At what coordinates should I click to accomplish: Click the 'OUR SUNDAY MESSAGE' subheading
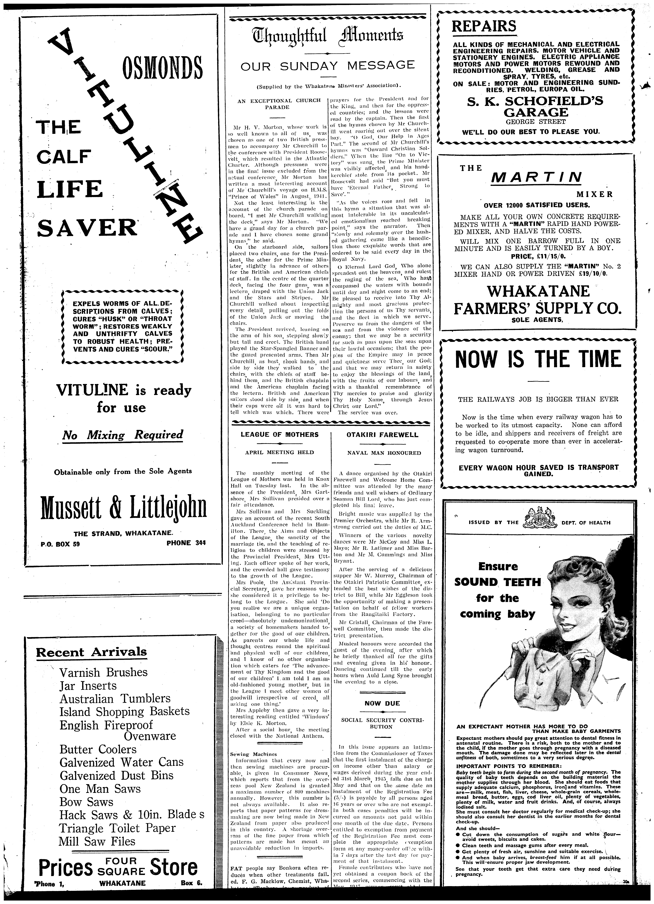coord(328,65)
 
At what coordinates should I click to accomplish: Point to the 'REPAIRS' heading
coord(484,27)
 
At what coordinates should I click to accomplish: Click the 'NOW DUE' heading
coord(377,704)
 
